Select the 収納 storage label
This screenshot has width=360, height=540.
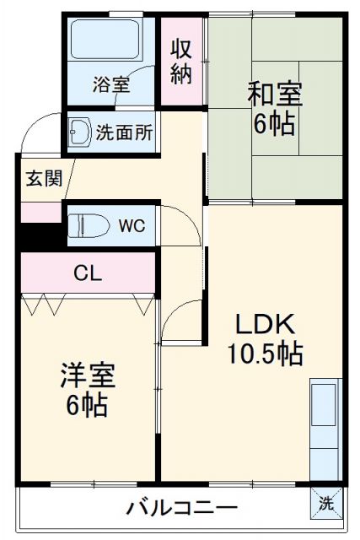click(x=183, y=61)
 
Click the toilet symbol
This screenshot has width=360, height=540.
click(x=87, y=226)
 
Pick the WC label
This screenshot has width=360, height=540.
click(x=130, y=226)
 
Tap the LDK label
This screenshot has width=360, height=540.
click(x=264, y=324)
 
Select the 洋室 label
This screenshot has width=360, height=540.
click(x=88, y=375)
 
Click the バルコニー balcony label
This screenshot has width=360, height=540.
click(x=180, y=508)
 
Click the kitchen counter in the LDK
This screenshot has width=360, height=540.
click(x=324, y=430)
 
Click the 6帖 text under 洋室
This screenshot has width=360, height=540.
click(x=88, y=405)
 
